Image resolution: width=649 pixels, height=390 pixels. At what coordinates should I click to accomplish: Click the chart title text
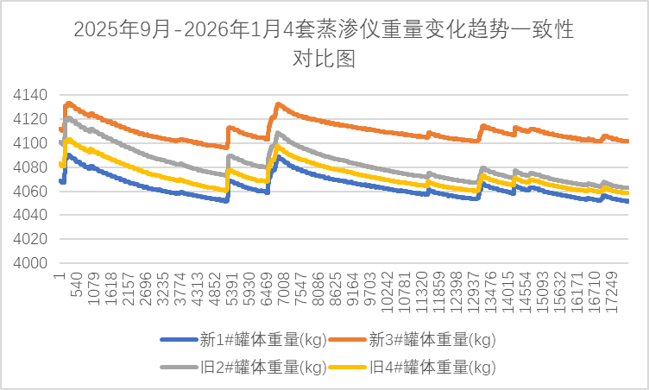[324, 43]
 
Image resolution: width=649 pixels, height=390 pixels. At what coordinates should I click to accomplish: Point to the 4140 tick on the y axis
[30, 95]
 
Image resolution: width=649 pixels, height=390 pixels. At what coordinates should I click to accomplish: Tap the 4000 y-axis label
[30, 263]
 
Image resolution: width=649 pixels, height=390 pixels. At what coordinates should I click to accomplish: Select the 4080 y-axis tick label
[30, 167]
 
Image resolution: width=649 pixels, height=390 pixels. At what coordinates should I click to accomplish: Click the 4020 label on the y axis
[30, 239]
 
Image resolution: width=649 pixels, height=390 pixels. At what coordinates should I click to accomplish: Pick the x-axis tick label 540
[77, 285]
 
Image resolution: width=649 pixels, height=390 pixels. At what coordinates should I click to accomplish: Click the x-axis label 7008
[284, 289]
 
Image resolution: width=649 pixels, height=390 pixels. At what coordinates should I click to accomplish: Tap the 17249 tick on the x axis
[611, 292]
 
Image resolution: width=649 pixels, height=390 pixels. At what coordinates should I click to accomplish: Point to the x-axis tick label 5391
[232, 289]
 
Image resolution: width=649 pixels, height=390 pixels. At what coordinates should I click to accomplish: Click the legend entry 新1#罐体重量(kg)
[244, 340]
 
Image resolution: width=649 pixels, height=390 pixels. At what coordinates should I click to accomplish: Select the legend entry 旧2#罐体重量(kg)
[244, 367]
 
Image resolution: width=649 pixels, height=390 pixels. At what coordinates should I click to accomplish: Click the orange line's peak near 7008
[278, 104]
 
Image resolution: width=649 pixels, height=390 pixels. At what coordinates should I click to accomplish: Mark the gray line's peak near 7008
[278, 134]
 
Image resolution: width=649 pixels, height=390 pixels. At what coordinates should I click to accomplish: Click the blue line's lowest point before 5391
[226, 201]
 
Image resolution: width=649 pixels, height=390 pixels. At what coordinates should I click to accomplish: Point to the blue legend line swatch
[180, 340]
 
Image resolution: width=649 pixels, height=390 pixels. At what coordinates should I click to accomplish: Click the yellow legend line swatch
[348, 367]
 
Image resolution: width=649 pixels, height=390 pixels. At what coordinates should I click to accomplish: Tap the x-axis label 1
[60, 275]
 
